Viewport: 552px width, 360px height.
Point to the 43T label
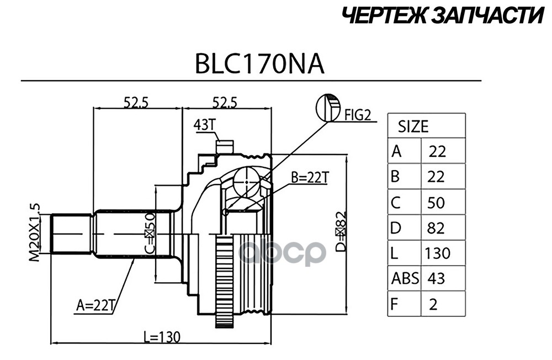coord(204,125)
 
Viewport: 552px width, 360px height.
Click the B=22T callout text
coord(310,177)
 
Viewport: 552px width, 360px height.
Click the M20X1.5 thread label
coord(34,232)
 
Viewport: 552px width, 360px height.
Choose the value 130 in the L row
coord(437,253)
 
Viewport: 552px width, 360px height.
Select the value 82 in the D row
coord(436,227)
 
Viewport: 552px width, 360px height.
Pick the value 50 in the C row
coord(436,203)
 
